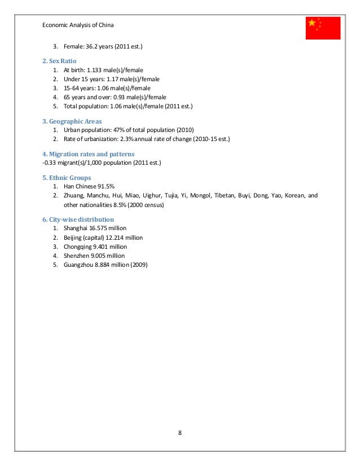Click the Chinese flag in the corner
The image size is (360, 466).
tap(323, 28)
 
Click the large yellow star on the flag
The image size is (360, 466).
tap(312, 23)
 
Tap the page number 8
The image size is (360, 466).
tap(179, 432)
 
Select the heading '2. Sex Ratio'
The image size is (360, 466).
tap(60, 60)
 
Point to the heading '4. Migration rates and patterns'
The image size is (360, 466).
tap(88, 153)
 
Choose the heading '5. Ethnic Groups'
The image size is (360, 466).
tap(67, 177)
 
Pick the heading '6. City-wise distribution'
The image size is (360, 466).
tap(78, 219)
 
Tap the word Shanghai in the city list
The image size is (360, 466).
tap(76, 228)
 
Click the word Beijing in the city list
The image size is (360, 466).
tap(74, 238)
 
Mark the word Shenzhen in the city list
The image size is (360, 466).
tap(77, 256)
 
